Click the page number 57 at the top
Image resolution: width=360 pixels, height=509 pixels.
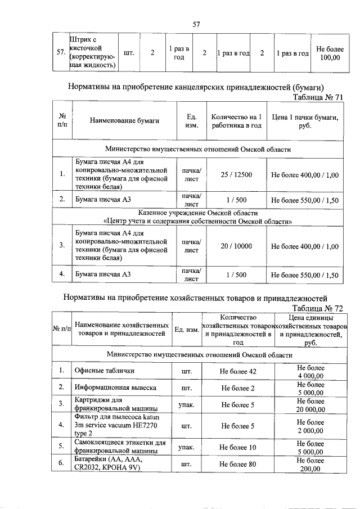tap(196, 24)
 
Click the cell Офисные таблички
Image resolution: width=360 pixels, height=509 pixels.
tap(105, 371)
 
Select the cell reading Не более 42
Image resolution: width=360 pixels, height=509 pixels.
tap(238, 371)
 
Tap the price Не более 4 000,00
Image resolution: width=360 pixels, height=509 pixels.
tap(310, 371)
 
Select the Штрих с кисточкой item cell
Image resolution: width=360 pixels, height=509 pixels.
tap(92, 53)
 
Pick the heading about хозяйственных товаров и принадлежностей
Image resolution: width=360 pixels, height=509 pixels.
tap(195, 298)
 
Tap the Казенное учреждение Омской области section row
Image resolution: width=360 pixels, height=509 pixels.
tap(198, 217)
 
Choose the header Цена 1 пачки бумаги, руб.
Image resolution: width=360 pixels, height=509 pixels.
tap(304, 120)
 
